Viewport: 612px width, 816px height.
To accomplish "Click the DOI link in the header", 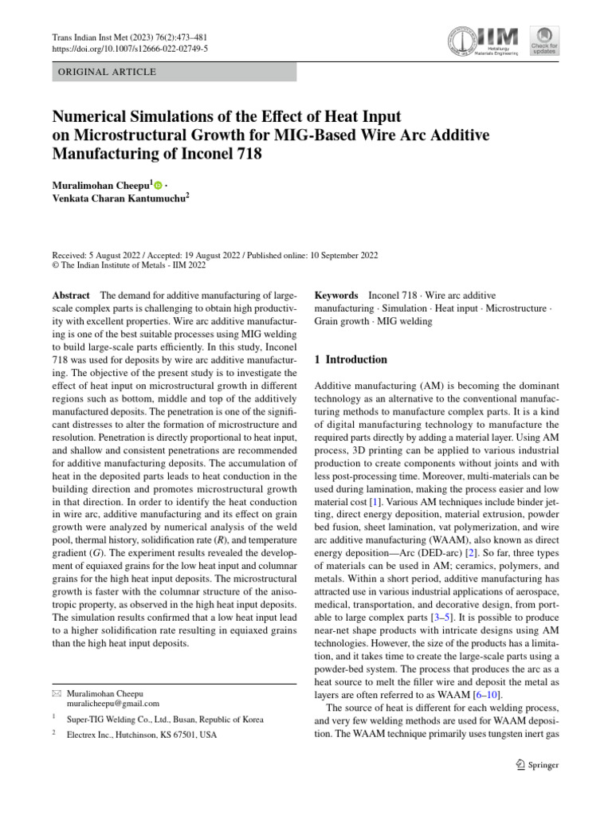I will click(x=129, y=49).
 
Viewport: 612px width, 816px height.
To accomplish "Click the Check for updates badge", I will click(x=545, y=41).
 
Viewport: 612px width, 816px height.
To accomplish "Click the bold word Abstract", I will click(x=70, y=295).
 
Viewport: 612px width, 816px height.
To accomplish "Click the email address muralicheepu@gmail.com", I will click(x=113, y=704).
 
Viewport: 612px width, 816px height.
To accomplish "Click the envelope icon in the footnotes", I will click(x=55, y=693).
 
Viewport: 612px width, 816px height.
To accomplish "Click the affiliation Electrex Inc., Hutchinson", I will click(x=141, y=734).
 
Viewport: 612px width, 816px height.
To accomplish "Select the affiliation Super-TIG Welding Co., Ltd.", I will click(x=165, y=719).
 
